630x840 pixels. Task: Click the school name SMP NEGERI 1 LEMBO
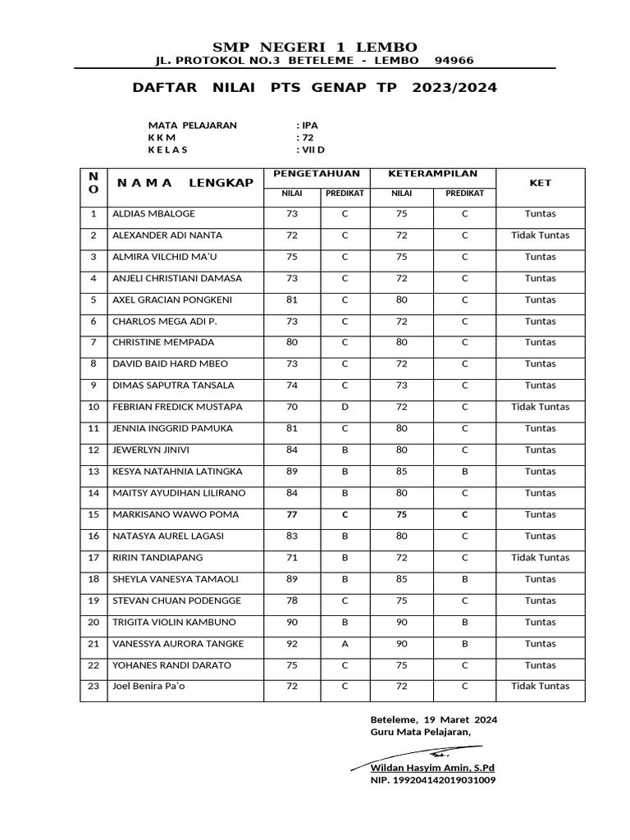point(314,47)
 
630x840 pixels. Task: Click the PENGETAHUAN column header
point(317,175)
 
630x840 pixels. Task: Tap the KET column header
point(540,184)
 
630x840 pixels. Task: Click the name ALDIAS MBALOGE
point(153,214)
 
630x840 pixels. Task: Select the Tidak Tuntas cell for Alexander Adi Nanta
point(540,235)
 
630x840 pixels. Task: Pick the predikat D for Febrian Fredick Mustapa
point(345,407)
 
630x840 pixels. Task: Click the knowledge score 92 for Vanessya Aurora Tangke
point(292,644)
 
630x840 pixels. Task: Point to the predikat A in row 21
point(345,644)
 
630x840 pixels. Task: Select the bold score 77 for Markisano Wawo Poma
point(292,515)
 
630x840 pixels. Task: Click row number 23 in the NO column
point(94,687)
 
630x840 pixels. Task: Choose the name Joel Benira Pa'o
point(148,687)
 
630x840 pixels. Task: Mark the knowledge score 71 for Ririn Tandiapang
point(292,558)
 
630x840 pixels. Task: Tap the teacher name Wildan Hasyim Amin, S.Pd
point(432,768)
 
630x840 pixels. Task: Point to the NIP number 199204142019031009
point(432,780)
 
